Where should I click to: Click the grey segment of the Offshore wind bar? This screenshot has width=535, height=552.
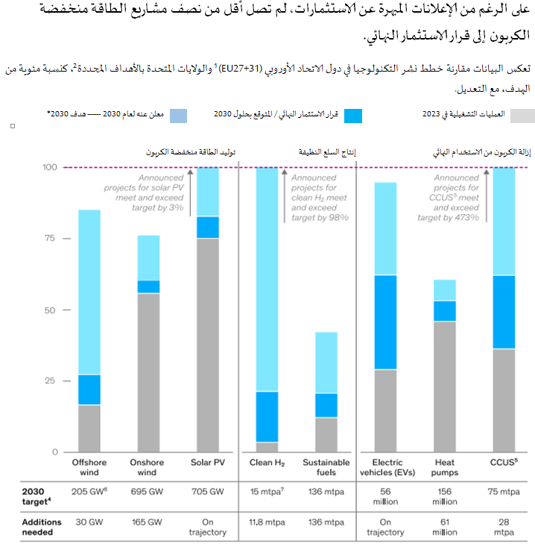89,428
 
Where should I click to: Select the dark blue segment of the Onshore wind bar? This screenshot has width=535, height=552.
148,286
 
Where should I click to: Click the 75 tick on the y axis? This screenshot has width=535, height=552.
50,239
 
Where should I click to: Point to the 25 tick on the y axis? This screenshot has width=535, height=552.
50,381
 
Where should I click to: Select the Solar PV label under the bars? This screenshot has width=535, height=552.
208,462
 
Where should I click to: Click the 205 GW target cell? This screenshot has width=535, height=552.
89,492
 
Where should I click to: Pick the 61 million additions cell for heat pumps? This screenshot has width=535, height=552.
444,527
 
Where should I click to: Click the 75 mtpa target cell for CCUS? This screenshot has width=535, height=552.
504,492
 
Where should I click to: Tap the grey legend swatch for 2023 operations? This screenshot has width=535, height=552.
522,116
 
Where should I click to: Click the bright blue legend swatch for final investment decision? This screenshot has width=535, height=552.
352,116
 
